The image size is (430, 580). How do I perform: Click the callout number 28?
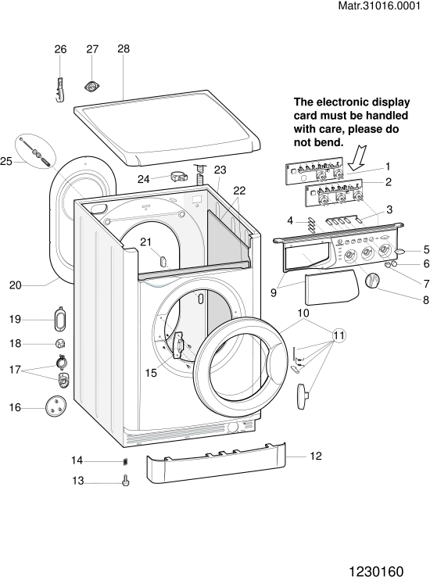tap(124, 48)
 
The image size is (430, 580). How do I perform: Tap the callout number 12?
tap(316, 456)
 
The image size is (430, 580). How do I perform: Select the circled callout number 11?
tap(339, 335)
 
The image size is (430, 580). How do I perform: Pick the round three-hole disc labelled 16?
tap(56, 406)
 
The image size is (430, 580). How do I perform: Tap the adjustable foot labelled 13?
tap(126, 481)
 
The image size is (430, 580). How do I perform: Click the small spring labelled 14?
tap(125, 462)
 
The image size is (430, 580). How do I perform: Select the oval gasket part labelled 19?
tap(59, 319)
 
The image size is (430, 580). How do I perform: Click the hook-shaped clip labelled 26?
tap(60, 90)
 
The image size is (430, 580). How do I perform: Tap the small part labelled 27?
tap(91, 87)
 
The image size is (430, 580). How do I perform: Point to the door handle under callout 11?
tap(302, 396)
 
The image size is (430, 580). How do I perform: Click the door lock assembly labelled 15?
tap(179, 345)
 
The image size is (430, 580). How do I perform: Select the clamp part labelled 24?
tap(179, 177)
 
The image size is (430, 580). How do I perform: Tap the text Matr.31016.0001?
tap(380, 6)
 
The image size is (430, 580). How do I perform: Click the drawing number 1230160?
tap(376, 571)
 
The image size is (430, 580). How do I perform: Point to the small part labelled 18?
tap(60, 344)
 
